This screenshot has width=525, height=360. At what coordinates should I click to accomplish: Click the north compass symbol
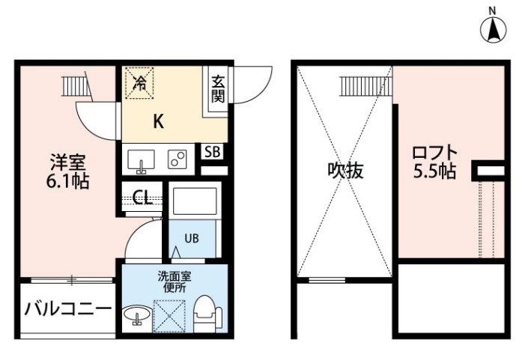pyautogui.click(x=494, y=29)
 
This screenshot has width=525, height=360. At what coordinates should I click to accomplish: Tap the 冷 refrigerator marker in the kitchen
pyautogui.click(x=139, y=83)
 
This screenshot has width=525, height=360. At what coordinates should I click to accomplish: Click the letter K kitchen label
pyautogui.click(x=158, y=121)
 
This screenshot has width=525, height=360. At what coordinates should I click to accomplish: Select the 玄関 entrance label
pyautogui.click(x=218, y=88)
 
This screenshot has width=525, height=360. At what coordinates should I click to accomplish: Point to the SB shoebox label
pyautogui.click(x=213, y=152)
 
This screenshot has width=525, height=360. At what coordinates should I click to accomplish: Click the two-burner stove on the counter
pyautogui.click(x=177, y=159)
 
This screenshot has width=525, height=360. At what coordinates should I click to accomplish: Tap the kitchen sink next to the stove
pyautogui.click(x=141, y=161)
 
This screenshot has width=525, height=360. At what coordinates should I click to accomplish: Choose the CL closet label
pyautogui.click(x=142, y=198)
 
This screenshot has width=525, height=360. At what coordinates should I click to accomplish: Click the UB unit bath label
pyautogui.click(x=192, y=238)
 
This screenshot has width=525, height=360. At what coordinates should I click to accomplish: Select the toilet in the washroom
pyautogui.click(x=208, y=314)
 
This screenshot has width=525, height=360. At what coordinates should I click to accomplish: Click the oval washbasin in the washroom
pyautogui.click(x=137, y=315)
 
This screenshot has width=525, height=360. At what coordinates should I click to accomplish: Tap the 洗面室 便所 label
pyautogui.click(x=175, y=281)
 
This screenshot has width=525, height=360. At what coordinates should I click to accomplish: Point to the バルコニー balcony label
pyautogui.click(x=68, y=309)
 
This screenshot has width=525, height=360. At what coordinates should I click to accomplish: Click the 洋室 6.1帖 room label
pyautogui.click(x=68, y=171)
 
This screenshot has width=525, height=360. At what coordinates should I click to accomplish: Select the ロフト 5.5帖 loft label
pyautogui.click(x=434, y=162)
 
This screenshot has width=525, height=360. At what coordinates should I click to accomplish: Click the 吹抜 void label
pyautogui.click(x=345, y=171)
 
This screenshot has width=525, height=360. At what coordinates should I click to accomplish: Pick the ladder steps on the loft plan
pyautogui.click(x=366, y=86)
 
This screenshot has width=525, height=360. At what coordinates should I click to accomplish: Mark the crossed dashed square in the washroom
pyautogui.click(x=169, y=316)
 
